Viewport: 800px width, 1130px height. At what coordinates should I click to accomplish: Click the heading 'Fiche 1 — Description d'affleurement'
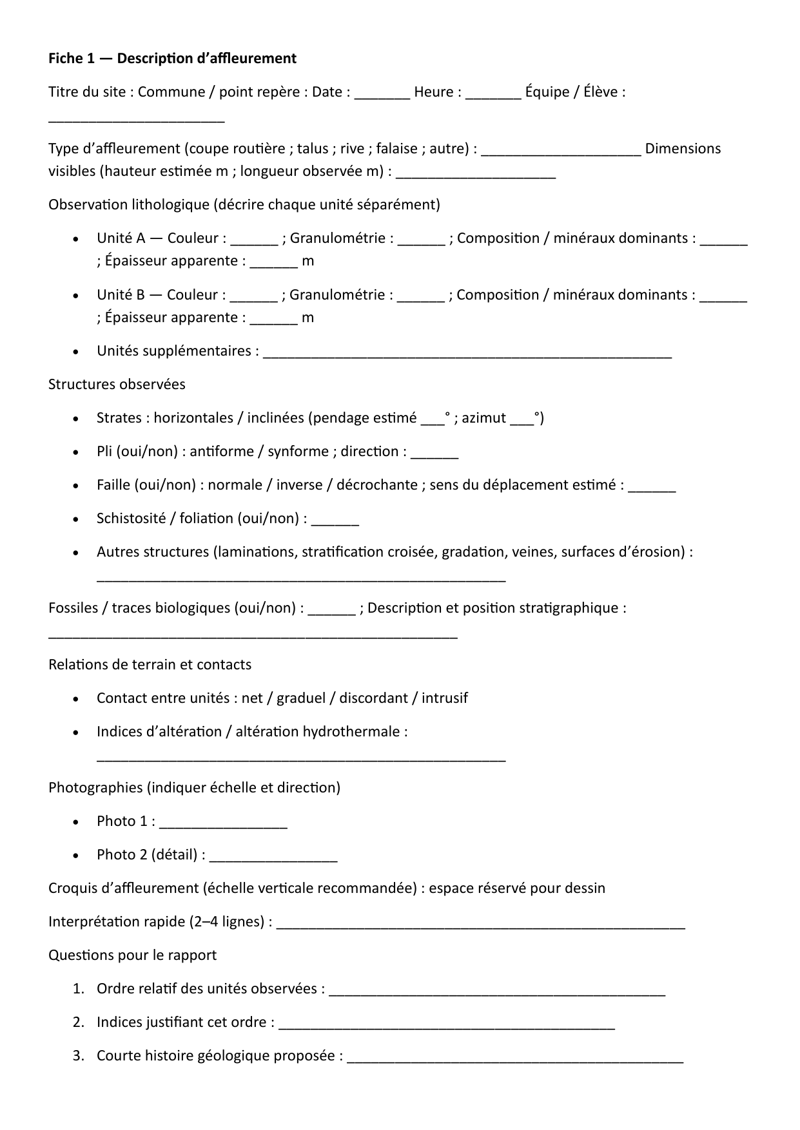[172, 59]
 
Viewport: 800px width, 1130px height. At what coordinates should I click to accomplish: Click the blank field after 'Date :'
[382, 94]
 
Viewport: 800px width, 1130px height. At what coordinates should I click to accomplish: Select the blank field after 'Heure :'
[493, 94]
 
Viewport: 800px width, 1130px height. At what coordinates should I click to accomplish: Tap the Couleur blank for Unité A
[254, 240]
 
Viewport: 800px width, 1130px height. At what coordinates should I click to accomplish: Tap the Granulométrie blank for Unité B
[420, 297]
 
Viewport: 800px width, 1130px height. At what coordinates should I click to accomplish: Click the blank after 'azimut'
[522, 420]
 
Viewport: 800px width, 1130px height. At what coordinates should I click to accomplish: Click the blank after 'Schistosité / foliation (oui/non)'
[335, 521]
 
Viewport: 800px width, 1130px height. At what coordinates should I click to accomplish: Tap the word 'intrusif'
[445, 698]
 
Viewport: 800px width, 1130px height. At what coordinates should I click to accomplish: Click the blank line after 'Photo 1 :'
[223, 823]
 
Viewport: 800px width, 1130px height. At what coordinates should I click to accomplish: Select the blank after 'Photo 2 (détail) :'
[273, 857]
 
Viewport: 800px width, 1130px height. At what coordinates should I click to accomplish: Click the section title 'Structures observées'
[117, 385]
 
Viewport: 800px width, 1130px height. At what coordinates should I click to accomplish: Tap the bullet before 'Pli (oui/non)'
[77, 452]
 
